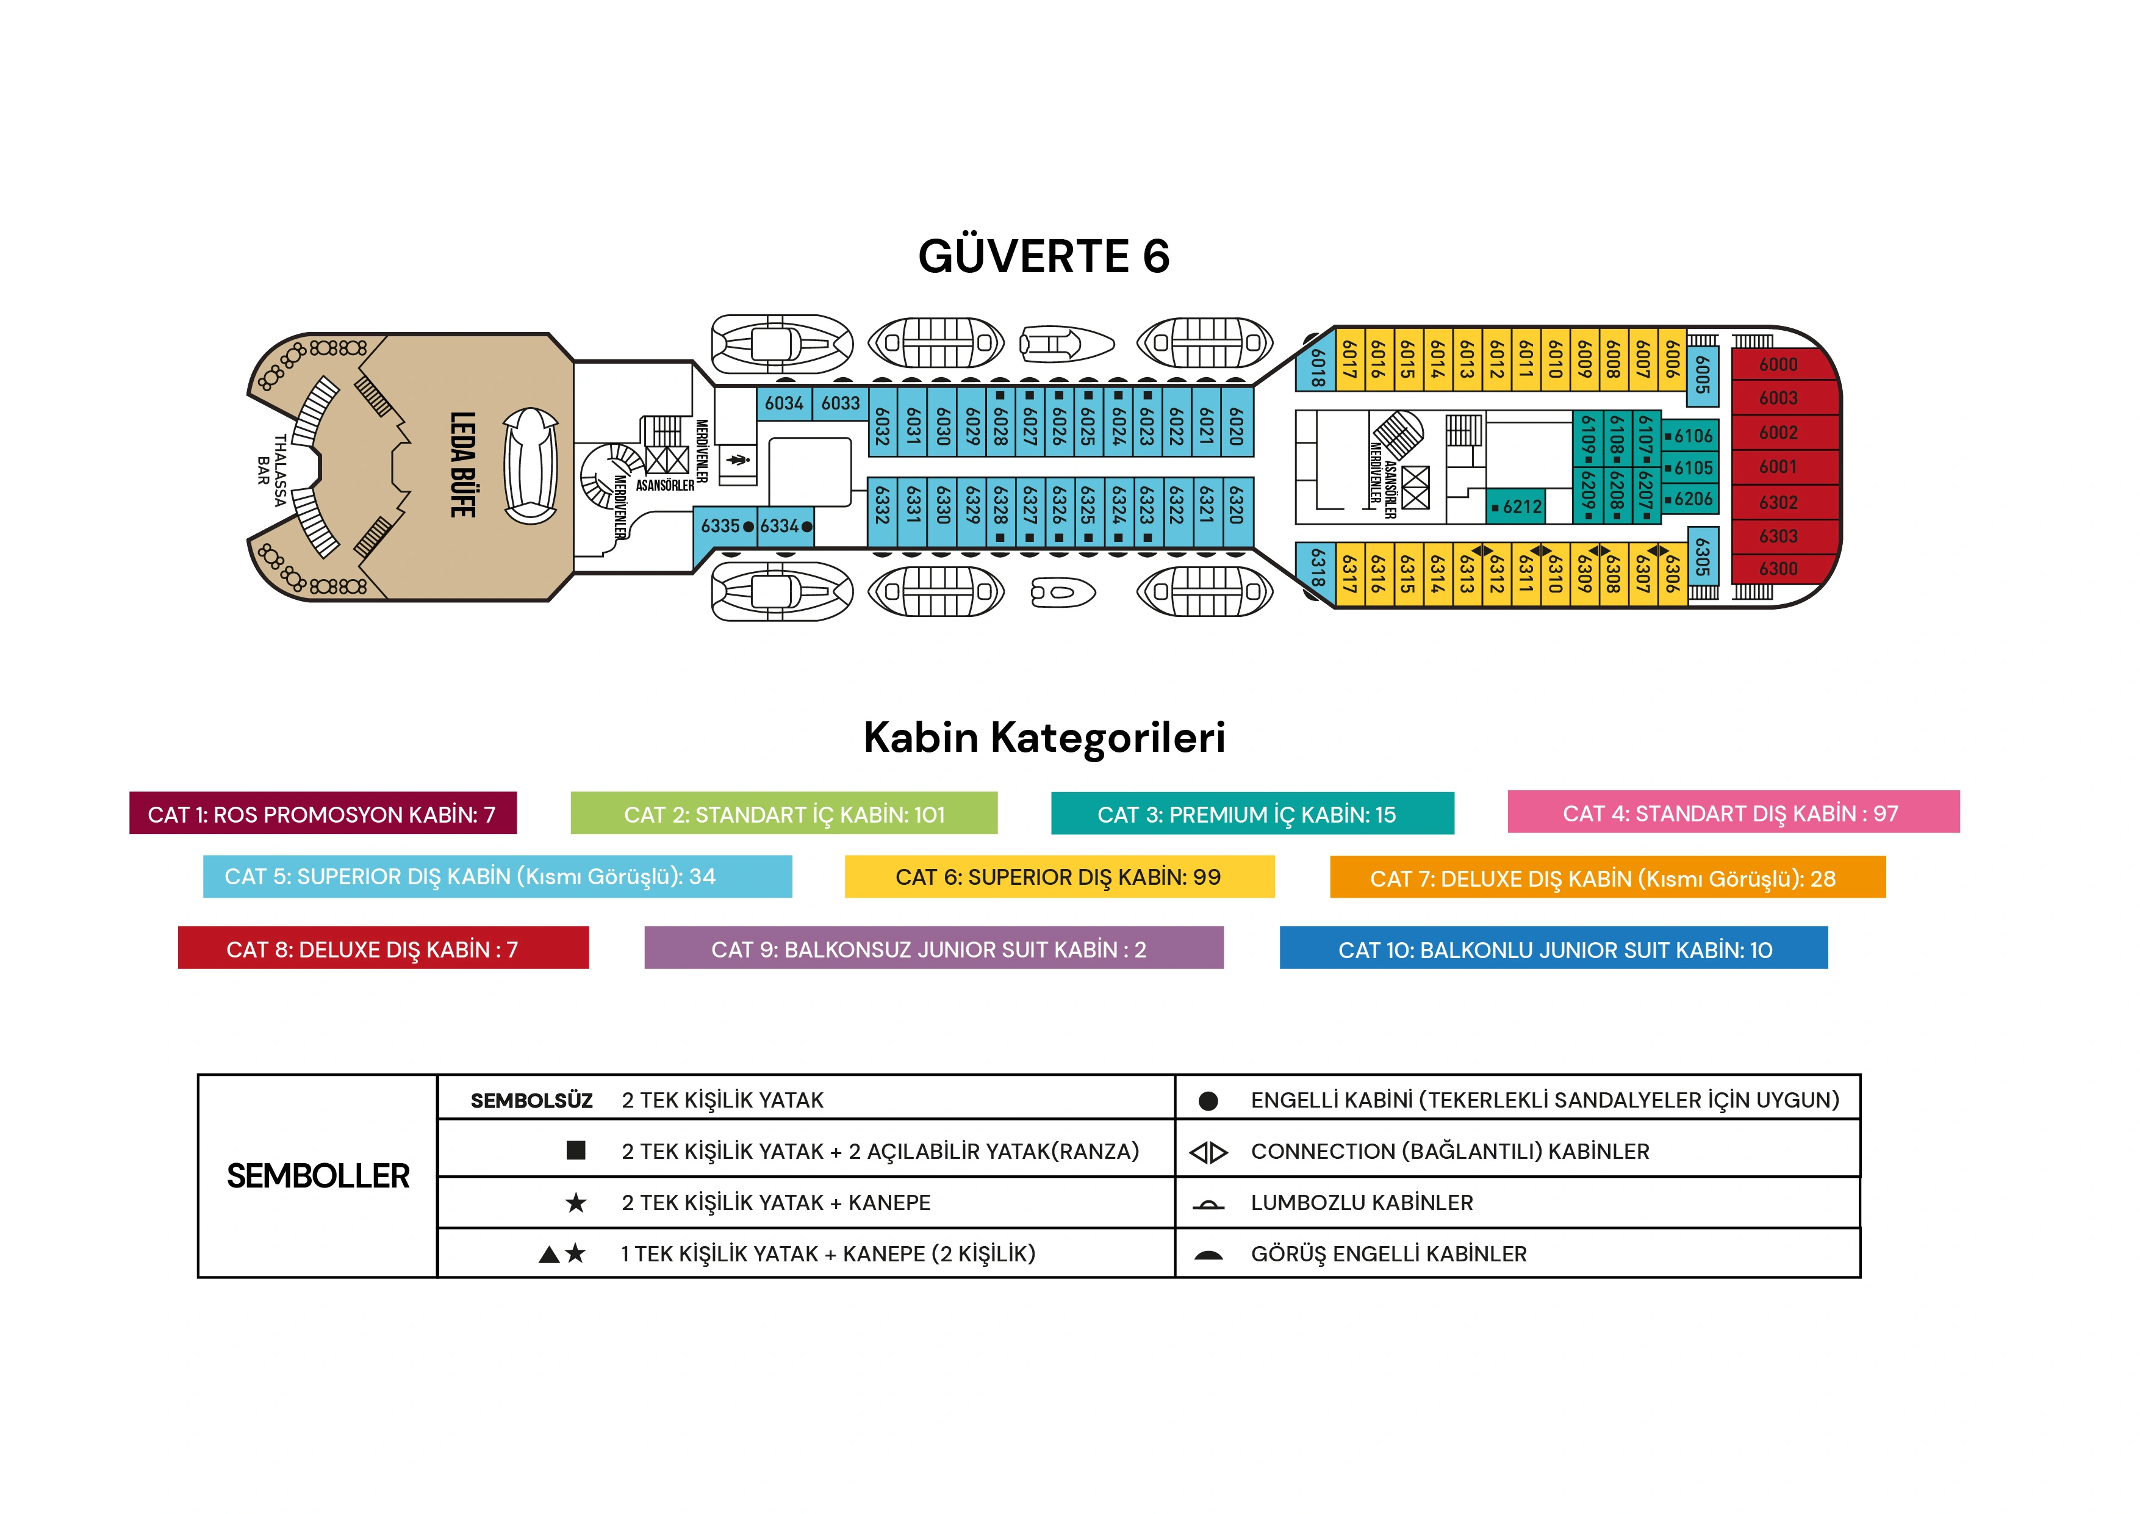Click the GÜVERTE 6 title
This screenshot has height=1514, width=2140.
1043,256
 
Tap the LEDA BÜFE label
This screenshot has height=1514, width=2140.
463,464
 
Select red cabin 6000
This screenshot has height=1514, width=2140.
1778,364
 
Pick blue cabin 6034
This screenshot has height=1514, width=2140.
784,403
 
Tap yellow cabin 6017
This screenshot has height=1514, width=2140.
1349,359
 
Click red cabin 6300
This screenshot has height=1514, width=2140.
1778,569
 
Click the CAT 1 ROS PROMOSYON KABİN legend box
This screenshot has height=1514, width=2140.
323,814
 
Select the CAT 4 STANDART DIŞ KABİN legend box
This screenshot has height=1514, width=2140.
1732,813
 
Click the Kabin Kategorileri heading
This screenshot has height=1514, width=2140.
1043,737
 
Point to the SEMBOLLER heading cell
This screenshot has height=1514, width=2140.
318,1175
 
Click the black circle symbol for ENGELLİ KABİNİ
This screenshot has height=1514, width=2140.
1208,1101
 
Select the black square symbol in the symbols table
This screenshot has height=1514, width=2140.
576,1150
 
